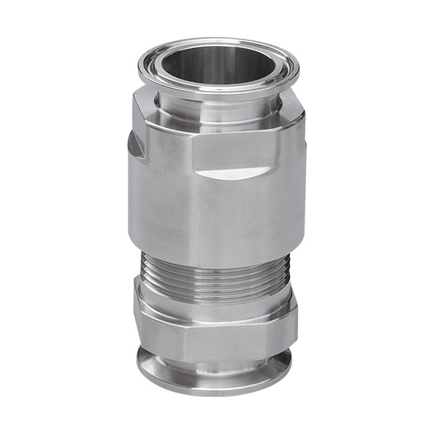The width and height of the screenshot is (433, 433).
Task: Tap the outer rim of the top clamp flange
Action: coord(216,92)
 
